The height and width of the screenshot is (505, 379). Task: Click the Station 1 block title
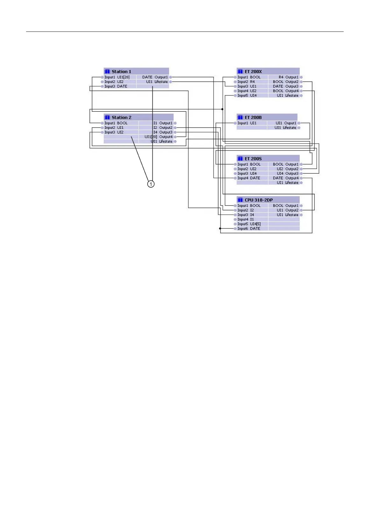121,72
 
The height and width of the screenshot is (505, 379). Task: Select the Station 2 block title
122,117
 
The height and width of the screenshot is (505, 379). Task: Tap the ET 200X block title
253,72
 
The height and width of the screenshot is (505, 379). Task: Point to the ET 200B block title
253,117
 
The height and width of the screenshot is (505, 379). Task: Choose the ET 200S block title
253,159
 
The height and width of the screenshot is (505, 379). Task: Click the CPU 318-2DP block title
258,200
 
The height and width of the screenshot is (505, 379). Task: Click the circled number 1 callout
151,184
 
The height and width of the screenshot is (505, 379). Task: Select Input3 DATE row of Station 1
116,86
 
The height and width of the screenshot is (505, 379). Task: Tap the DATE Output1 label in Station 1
155,77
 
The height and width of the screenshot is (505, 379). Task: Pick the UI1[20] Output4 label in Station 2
158,137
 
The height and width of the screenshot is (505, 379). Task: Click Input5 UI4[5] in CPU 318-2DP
249,224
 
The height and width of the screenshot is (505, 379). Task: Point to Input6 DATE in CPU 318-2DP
249,228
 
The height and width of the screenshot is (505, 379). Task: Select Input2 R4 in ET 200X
246,82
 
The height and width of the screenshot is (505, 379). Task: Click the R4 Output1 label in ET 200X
288,77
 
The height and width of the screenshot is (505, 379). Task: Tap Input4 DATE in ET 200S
249,178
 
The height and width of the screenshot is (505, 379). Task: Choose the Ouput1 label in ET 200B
290,123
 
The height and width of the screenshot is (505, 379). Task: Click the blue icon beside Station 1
107,72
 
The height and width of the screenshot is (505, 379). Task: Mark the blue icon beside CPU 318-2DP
240,200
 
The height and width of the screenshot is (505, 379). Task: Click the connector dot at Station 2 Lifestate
175,141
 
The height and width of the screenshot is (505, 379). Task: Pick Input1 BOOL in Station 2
116,123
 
